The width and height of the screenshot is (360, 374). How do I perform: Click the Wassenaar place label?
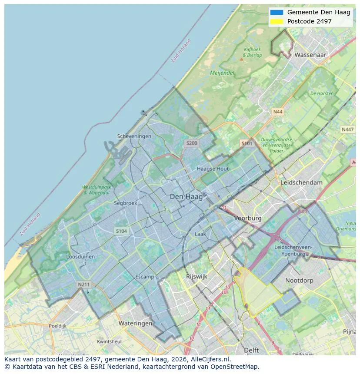click(310, 55)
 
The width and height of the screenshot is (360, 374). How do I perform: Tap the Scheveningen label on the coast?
click(134, 136)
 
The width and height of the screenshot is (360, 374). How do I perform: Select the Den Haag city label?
click(186, 197)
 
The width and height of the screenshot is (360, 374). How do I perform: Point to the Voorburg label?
click(248, 218)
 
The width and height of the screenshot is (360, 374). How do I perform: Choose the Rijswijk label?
click(197, 276)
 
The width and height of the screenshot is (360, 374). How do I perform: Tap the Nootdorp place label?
click(299, 281)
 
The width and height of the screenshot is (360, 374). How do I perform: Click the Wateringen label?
click(136, 323)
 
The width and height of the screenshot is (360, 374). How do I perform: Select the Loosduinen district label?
click(80, 257)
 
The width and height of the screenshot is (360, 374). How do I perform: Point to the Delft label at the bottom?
click(251, 350)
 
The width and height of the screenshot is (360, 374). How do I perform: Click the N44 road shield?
click(277, 112)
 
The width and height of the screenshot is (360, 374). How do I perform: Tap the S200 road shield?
click(191, 143)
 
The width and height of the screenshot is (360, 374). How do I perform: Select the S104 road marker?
click(121, 231)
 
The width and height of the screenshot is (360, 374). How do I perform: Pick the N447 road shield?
click(347, 129)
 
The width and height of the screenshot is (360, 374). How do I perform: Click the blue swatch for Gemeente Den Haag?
click(276, 12)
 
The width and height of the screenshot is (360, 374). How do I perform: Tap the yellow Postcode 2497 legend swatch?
click(276, 21)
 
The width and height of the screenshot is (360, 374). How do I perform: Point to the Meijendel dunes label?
click(222, 73)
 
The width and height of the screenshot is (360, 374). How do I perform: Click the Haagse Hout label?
click(213, 169)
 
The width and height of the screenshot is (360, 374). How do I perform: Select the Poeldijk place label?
click(57, 326)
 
